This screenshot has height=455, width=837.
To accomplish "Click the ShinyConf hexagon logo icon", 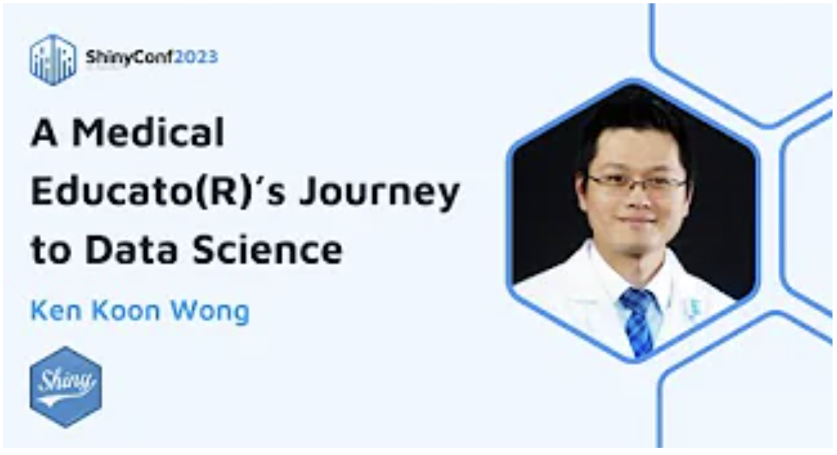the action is (x=53, y=60).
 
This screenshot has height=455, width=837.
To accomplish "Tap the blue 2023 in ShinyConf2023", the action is (x=196, y=57).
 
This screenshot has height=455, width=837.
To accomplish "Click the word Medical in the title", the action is (x=148, y=132).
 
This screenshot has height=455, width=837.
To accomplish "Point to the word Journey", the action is (x=379, y=193).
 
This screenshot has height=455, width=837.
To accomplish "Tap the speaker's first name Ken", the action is (x=56, y=310).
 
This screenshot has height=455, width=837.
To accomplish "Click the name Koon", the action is (x=126, y=310).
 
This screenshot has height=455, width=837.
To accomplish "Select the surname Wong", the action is (x=210, y=312).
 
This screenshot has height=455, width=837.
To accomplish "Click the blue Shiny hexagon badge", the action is (x=66, y=387).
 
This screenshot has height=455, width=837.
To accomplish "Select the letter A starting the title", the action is (x=44, y=132).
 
